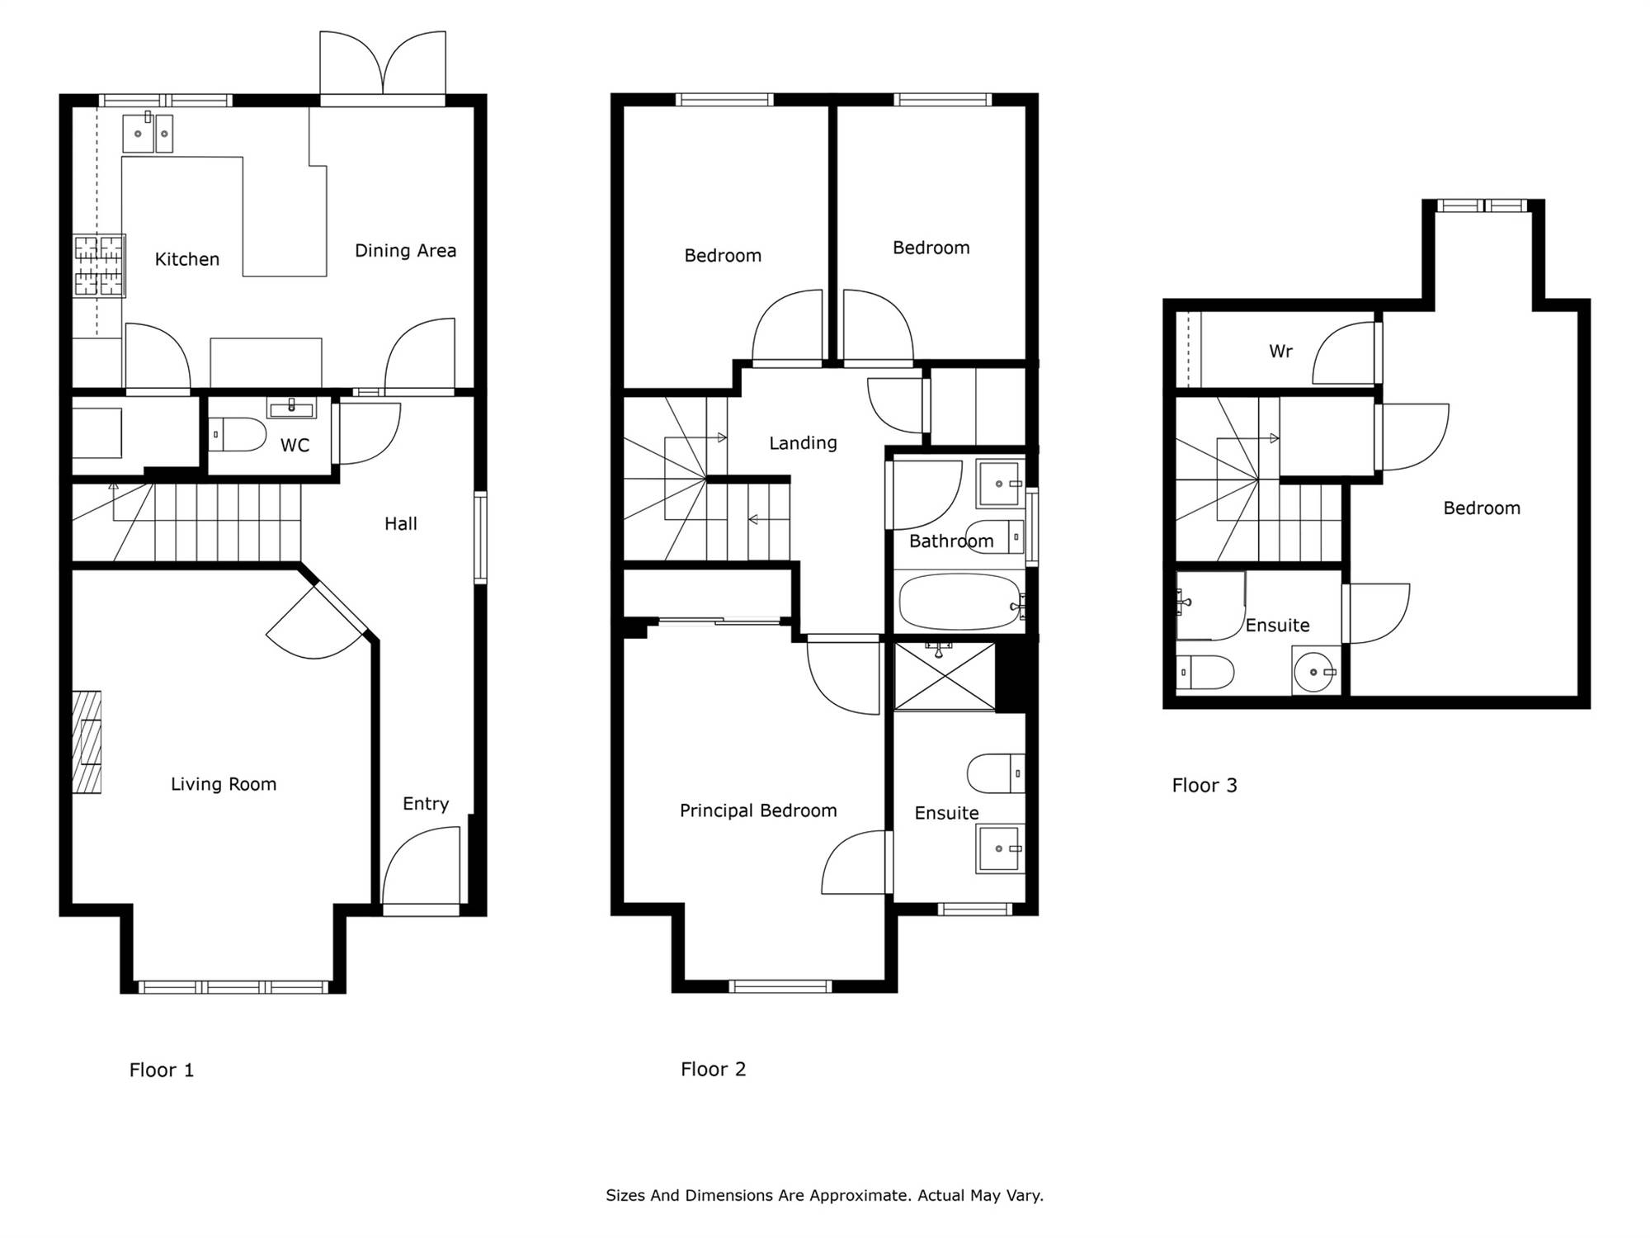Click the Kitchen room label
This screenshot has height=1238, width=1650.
pos(187,259)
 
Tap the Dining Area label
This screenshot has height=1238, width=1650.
pos(405,251)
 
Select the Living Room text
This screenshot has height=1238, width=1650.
pos(224,784)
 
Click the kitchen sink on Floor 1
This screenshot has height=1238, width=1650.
pos(148,133)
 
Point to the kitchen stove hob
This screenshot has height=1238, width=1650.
pos(99,266)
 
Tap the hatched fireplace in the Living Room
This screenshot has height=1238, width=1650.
pos(87,742)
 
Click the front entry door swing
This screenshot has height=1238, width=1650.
pos(421,867)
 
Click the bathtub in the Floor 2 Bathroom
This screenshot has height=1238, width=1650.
pos(960,602)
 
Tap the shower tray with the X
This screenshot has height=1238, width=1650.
pos(945,676)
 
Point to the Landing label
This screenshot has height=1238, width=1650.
pos(803,443)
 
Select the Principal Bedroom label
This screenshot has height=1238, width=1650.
pos(758,810)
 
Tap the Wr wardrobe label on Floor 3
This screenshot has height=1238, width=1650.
pos(1280,352)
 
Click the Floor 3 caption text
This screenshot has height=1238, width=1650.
pos(1204,785)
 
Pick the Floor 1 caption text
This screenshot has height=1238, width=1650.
pos(162,1070)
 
